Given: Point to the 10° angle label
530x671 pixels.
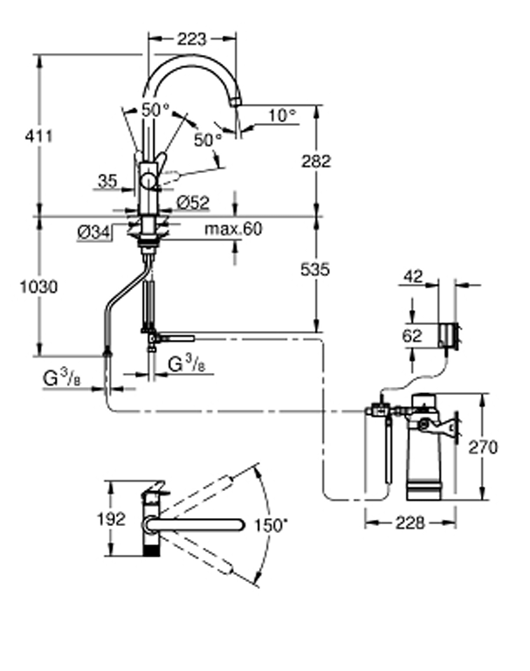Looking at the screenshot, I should point(281,114).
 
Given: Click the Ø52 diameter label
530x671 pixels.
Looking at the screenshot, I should point(193,202).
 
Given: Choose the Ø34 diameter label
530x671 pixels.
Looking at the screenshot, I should point(93,232).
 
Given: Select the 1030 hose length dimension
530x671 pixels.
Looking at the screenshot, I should point(40,286).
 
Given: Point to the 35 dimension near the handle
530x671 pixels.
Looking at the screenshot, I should point(107,181).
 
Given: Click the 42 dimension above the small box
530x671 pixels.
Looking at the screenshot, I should point(413,277).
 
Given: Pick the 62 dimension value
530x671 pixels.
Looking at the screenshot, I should point(413,334).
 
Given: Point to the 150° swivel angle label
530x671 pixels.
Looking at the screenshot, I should point(271,525).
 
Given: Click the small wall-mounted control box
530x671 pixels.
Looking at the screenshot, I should point(449,334).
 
